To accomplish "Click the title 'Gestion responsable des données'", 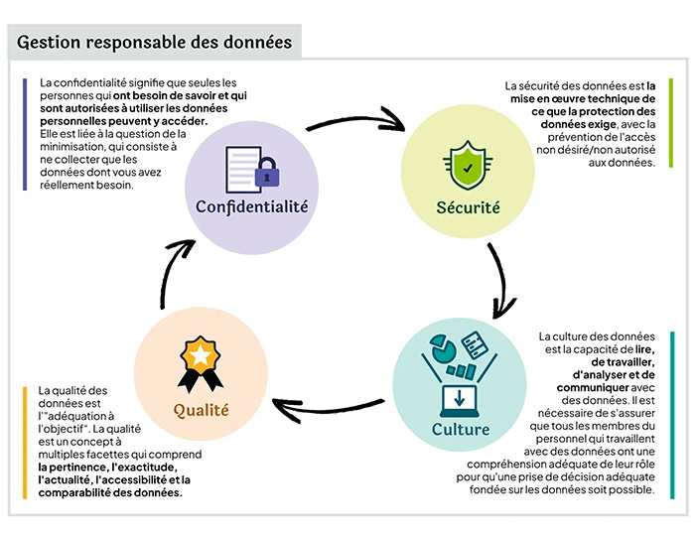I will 155,42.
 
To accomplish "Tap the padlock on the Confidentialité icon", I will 265,173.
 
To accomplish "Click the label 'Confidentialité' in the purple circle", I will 252,206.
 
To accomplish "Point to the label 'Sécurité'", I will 468,208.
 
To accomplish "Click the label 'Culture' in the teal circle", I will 461,429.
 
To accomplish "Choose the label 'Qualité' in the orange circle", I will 202,409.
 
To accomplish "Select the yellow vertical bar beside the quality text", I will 24,442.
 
